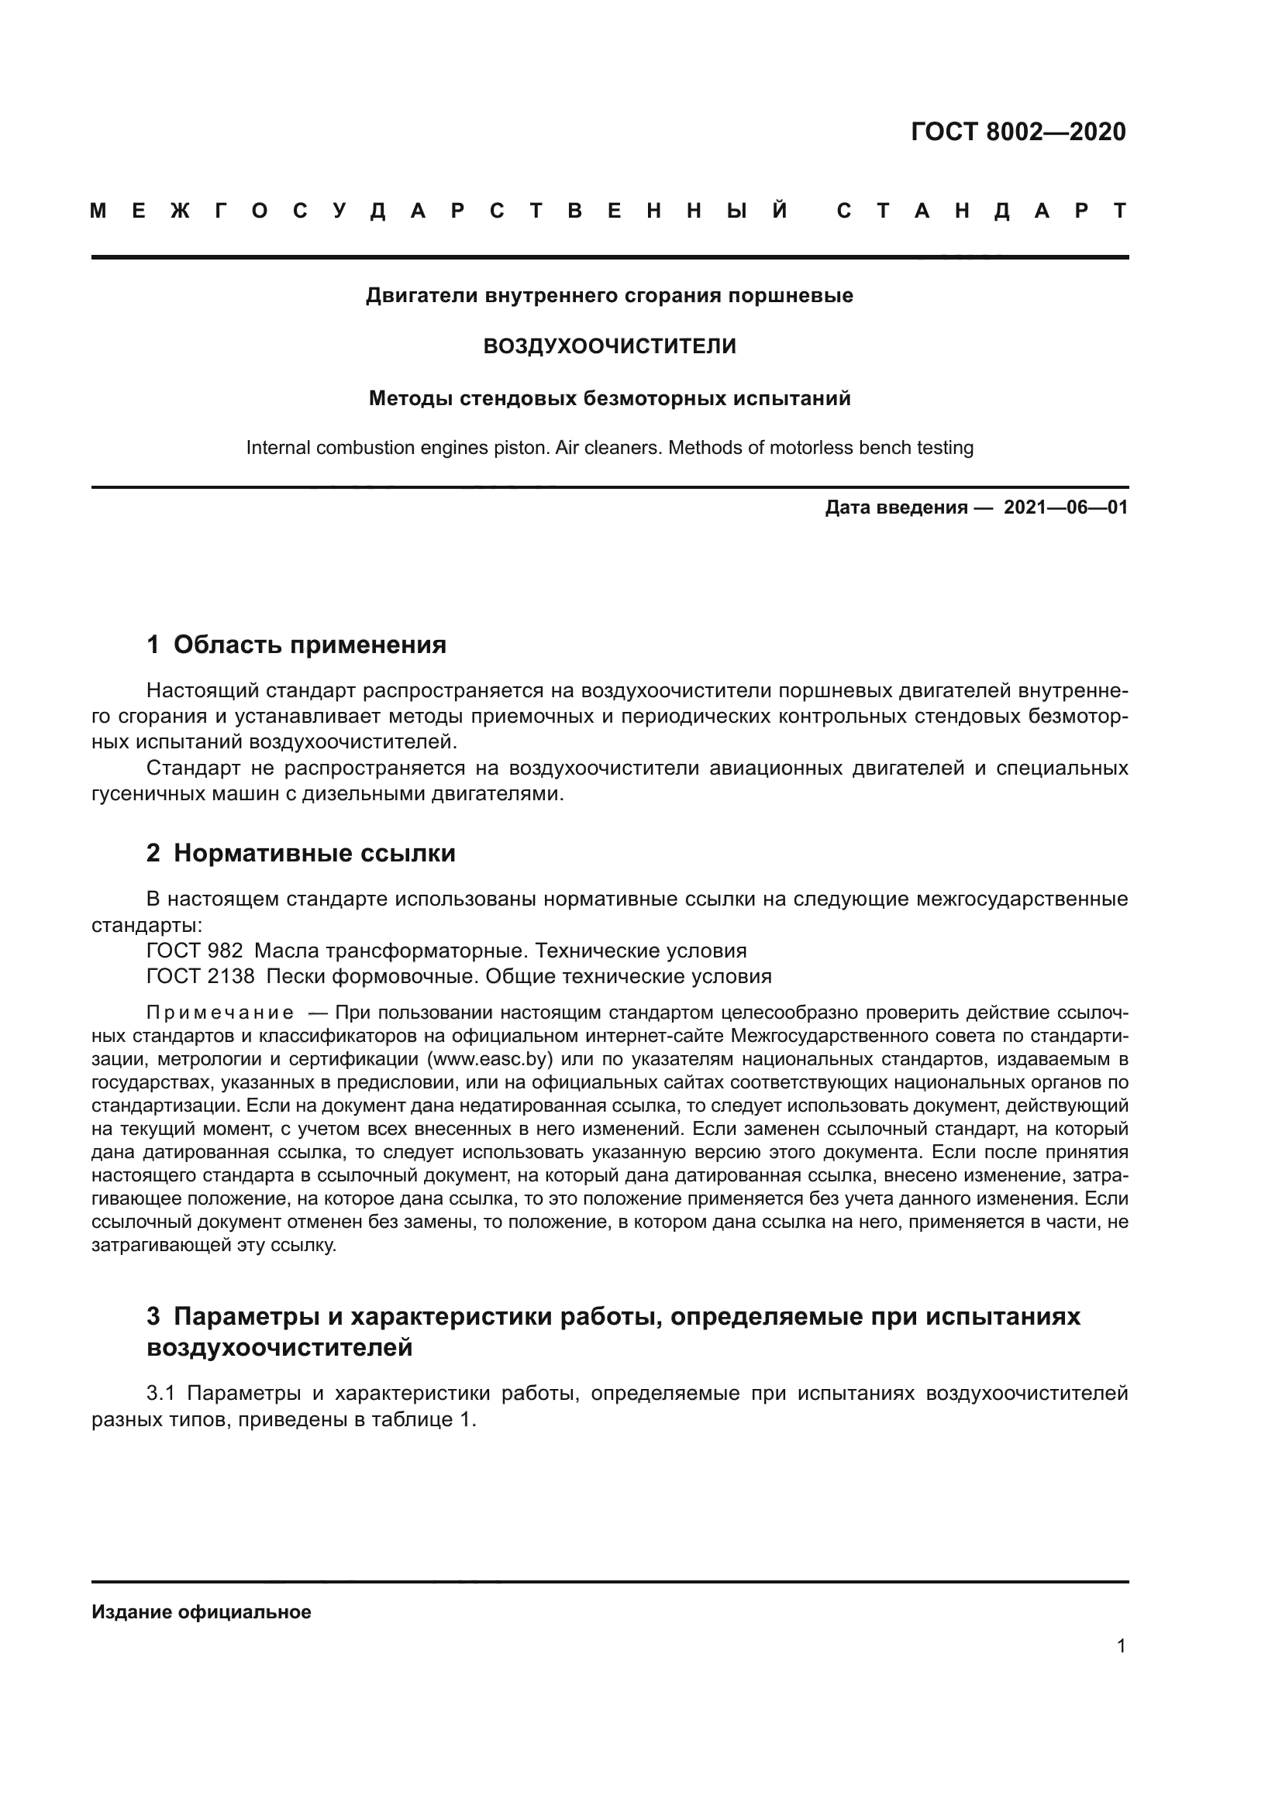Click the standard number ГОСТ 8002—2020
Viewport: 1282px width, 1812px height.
click(x=1018, y=132)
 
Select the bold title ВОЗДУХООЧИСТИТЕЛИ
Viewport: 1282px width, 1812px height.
click(x=608, y=346)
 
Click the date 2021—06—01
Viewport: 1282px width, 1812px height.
click(x=1066, y=507)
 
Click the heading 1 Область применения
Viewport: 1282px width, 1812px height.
click(x=296, y=645)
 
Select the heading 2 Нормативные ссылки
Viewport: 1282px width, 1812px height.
click(x=301, y=853)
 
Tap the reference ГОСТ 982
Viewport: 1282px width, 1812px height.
click(x=195, y=951)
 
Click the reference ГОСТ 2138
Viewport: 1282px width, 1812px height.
click(x=200, y=977)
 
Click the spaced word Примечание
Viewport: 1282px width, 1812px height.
click(x=220, y=1013)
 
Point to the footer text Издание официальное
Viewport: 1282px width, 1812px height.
click(x=202, y=1612)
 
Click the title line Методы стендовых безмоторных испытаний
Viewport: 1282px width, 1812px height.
click(x=608, y=398)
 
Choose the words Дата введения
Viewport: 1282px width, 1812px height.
click(x=896, y=507)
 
